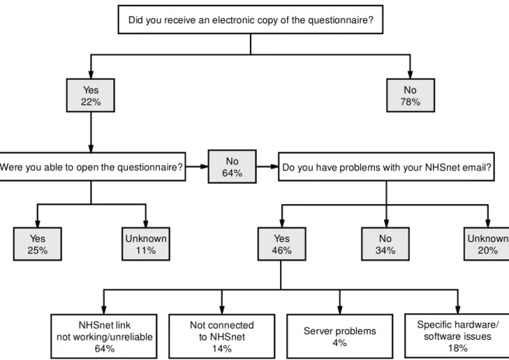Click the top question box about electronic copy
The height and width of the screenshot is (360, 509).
point(251,19)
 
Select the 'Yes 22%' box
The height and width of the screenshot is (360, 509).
point(91,95)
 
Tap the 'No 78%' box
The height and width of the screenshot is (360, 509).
point(410,95)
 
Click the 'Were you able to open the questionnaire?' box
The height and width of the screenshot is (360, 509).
point(92,167)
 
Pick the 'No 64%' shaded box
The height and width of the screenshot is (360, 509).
point(232,167)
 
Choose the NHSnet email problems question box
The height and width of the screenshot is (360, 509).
point(386,167)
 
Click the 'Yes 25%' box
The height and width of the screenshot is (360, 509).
point(37,244)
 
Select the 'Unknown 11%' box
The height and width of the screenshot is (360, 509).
point(146,244)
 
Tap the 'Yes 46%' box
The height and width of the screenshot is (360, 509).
point(282,244)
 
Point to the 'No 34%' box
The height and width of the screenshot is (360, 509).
point(386,244)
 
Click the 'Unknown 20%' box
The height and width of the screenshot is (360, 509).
point(486,244)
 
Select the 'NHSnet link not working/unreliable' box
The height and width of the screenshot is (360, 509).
point(104,336)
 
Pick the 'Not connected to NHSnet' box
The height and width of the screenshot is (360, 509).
point(222,336)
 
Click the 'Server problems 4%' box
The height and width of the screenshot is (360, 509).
point(340,336)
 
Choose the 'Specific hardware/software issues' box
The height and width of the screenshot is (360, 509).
point(457,336)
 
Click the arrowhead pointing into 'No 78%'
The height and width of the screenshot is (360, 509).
point(410,74)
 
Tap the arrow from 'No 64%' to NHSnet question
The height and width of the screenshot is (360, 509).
point(267,167)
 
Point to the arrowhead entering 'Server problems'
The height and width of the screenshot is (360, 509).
point(340,310)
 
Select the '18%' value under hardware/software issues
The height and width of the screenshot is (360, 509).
point(458,348)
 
